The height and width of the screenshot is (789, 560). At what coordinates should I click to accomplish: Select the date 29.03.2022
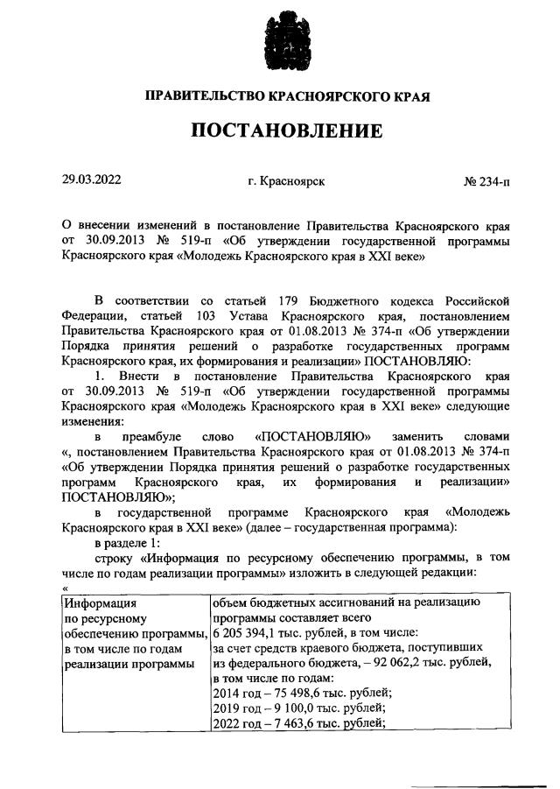coord(91,181)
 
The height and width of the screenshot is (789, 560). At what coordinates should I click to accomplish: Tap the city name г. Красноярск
coord(287,182)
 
